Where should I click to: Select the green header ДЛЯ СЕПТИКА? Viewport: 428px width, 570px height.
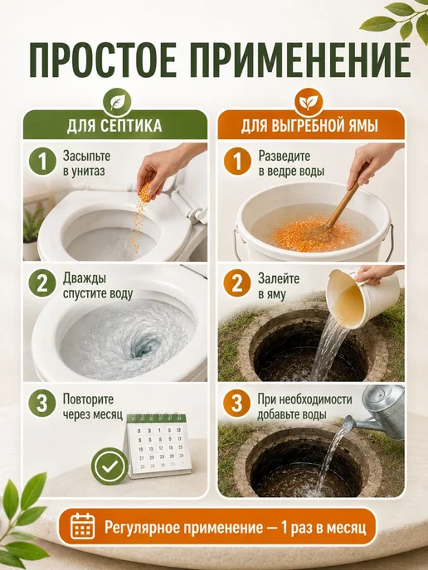pyautogui.click(x=115, y=125)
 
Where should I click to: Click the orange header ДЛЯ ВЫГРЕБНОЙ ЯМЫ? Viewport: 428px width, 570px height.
pyautogui.click(x=311, y=125)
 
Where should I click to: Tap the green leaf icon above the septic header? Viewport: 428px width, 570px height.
pyautogui.click(x=115, y=100)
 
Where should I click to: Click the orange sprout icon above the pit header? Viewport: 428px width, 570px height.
pyautogui.click(x=309, y=100)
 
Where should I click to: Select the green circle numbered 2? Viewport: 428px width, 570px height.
pyautogui.click(x=42, y=283)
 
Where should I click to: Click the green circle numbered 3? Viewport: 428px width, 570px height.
pyautogui.click(x=42, y=403)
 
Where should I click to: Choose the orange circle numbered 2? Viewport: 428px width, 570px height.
pyautogui.click(x=237, y=283)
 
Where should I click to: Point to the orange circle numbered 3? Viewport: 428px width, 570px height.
pyautogui.click(x=237, y=403)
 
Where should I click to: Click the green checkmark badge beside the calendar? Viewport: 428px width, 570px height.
pyautogui.click(x=110, y=466)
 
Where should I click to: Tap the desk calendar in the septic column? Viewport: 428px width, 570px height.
pyautogui.click(x=157, y=446)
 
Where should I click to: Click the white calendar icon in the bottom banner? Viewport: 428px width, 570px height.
pyautogui.click(x=83, y=526)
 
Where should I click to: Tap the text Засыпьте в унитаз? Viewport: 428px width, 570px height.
pyautogui.click(x=86, y=163)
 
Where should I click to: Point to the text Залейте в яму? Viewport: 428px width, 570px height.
pyautogui.click(x=279, y=286)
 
